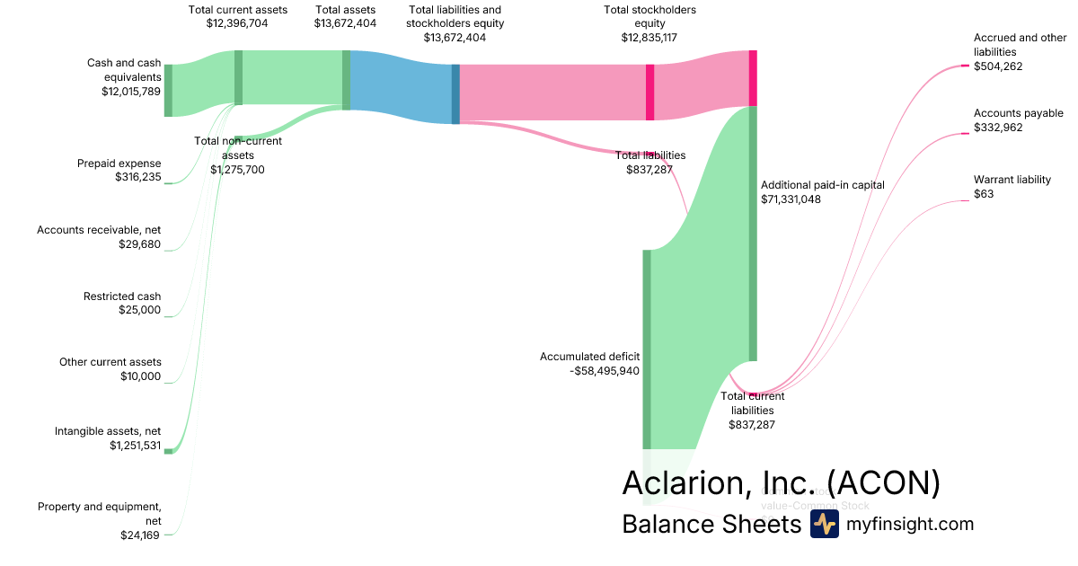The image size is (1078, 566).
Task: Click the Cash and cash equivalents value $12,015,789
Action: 130,92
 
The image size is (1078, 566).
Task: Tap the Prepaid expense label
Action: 119,164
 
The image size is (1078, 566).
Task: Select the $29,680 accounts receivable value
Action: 139,243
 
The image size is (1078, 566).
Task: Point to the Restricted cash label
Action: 122,296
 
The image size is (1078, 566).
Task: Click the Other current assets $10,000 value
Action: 140,376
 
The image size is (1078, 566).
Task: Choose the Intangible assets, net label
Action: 109,431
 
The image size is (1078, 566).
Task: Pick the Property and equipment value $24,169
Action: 141,535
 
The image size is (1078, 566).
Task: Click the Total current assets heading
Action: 238,10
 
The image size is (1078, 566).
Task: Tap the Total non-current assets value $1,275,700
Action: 237,169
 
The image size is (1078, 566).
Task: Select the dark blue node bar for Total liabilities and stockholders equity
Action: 455,93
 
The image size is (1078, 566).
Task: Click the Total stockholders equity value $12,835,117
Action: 649,38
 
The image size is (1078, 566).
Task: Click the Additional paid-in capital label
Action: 822,185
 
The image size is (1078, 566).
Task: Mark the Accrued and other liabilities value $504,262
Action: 998,66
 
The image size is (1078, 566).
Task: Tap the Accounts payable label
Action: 1018,113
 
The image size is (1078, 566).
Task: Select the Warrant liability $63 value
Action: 985,194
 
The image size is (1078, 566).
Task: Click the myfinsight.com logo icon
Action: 824,525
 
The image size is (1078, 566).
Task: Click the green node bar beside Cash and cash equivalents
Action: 168,91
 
